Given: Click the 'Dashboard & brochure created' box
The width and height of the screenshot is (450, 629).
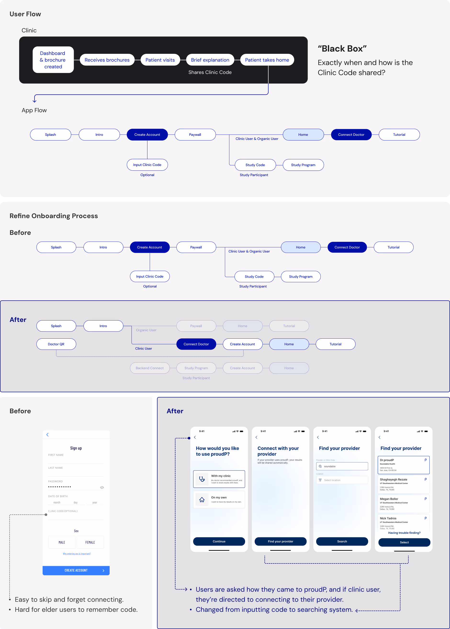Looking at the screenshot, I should [53, 60].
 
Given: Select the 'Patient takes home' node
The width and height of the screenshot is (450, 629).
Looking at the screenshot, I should [267, 60].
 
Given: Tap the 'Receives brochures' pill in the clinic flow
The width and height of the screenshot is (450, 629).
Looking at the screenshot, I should [107, 60].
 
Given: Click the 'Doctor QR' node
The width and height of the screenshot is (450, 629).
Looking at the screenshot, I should [56, 344].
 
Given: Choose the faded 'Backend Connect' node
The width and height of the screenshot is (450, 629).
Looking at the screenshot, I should [150, 368].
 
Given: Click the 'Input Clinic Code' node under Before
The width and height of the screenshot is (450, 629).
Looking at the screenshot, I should [150, 276].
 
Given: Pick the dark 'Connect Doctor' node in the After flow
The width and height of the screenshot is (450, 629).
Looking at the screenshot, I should [196, 344].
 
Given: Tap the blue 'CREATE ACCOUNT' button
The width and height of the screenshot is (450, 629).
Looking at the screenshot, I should [76, 570].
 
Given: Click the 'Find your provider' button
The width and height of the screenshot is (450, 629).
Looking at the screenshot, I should [281, 541].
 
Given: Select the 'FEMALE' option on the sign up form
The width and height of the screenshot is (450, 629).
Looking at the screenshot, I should [90, 542].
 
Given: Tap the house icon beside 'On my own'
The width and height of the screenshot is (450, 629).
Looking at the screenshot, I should [202, 499].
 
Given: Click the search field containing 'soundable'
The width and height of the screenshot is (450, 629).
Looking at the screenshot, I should [342, 466].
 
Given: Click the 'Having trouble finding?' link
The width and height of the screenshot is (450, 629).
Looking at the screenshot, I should [404, 533].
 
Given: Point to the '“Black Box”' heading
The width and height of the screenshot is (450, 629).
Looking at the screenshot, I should [342, 49].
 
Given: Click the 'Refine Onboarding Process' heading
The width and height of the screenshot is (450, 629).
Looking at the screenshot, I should [54, 216].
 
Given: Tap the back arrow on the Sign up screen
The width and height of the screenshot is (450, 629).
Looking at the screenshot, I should [48, 435].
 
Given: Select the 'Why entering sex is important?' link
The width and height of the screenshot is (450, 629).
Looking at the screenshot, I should [77, 554].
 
